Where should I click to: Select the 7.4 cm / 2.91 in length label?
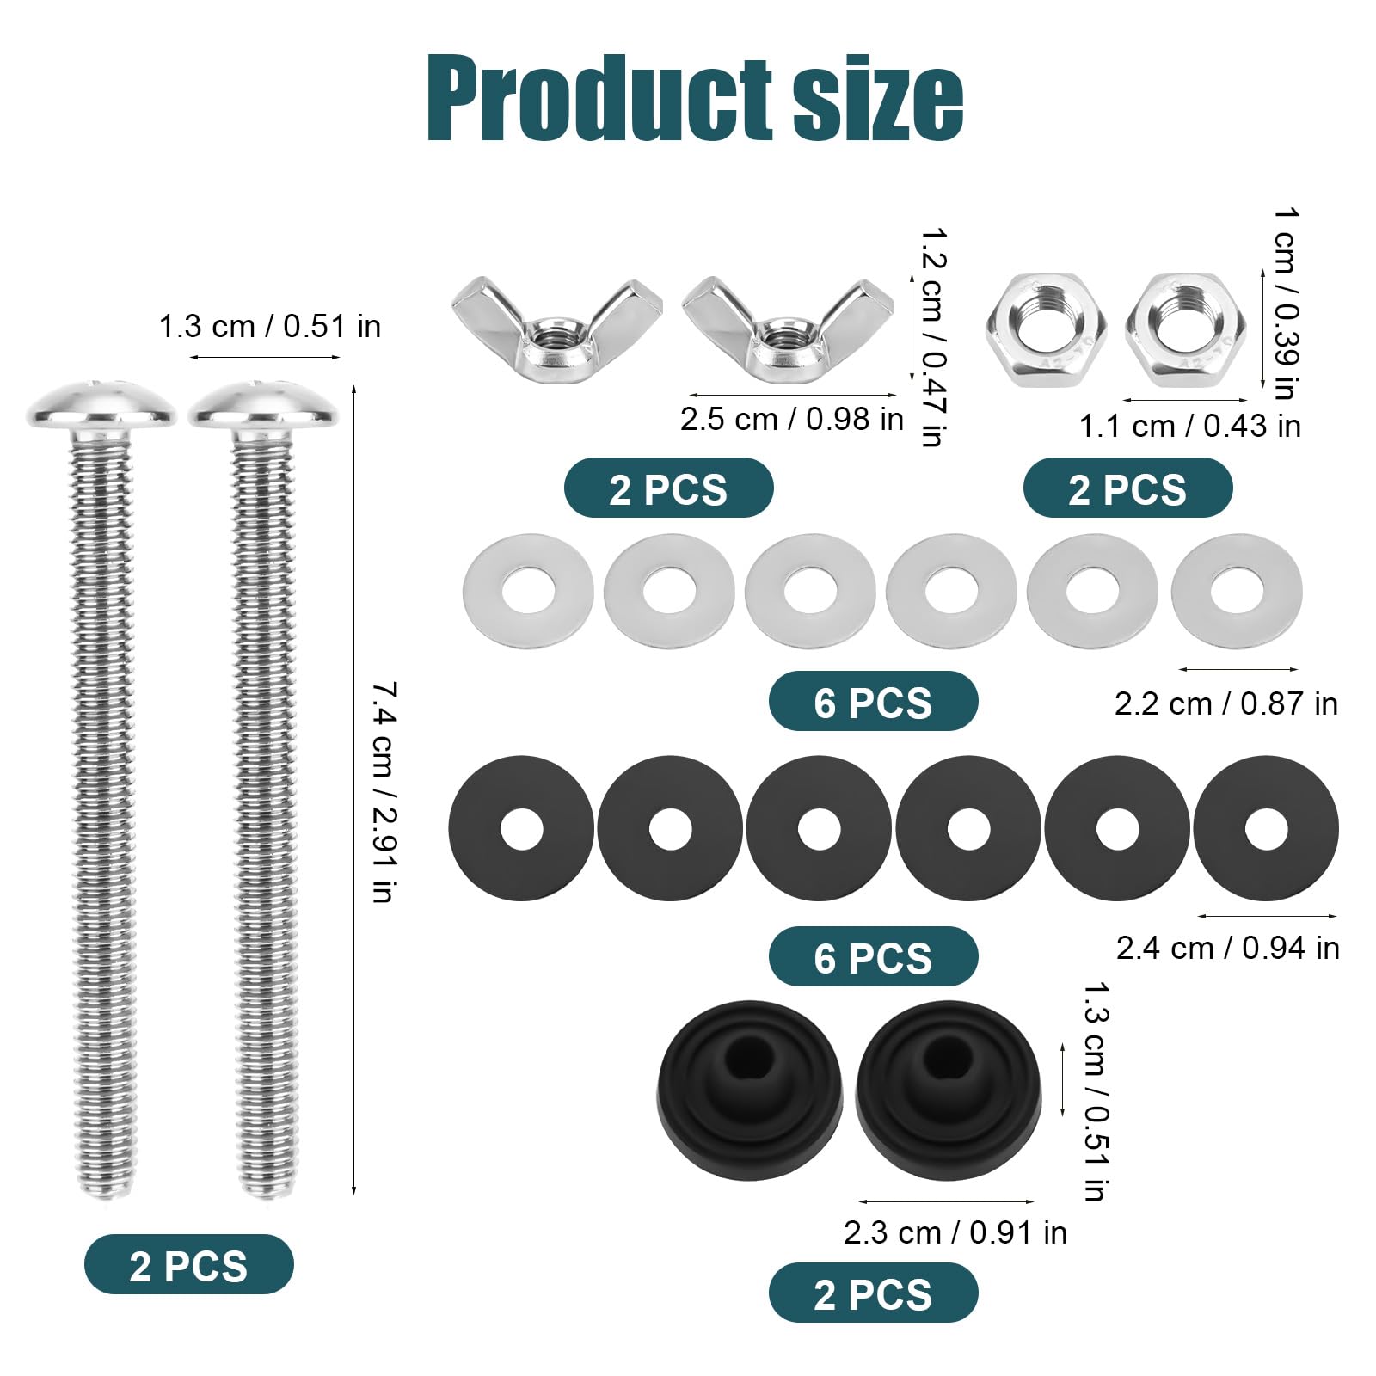[x=384, y=791]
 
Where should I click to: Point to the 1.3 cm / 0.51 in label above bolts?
[x=269, y=326]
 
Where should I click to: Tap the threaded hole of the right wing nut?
[x=783, y=334]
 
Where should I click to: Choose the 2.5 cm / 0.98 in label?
[x=792, y=419]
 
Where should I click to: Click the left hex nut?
[x=1046, y=329]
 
